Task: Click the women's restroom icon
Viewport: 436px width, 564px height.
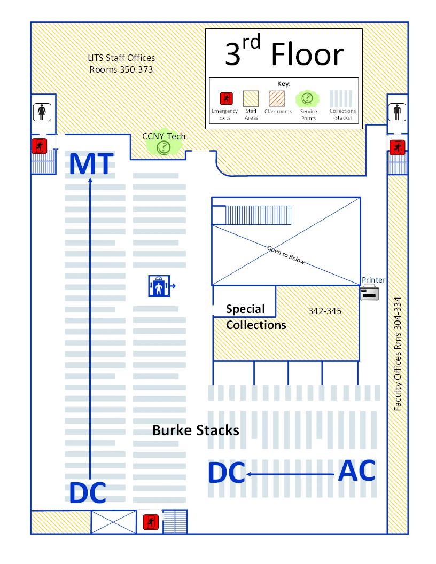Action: [x=42, y=112]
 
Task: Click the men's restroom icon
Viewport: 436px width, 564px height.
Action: [x=397, y=112]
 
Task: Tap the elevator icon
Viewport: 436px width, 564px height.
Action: [x=159, y=286]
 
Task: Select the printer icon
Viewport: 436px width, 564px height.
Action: [x=369, y=292]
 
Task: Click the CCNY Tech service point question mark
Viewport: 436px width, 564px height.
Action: [x=164, y=147]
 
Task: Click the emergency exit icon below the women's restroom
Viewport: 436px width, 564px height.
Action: [x=39, y=146]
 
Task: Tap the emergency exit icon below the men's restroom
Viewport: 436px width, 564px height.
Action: [x=397, y=147]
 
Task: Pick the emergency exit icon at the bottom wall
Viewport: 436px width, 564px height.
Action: [x=151, y=522]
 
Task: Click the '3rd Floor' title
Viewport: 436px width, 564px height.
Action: [x=284, y=51]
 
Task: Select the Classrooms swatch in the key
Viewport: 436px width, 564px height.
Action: [x=277, y=99]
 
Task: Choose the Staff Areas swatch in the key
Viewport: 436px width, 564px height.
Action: [x=251, y=99]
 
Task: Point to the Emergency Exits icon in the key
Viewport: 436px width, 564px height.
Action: [x=226, y=98]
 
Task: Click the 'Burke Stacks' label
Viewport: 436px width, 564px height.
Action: [x=196, y=430]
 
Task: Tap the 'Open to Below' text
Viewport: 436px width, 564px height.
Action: [x=286, y=255]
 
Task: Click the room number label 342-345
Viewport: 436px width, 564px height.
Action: [x=325, y=311]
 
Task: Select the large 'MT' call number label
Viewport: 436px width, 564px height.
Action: [x=91, y=164]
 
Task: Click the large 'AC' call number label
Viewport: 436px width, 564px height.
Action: [x=357, y=471]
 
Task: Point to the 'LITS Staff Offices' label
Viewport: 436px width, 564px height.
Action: [x=121, y=58]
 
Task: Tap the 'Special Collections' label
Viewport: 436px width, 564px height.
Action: [x=256, y=317]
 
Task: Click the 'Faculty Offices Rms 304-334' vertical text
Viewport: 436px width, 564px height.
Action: [x=398, y=354]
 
